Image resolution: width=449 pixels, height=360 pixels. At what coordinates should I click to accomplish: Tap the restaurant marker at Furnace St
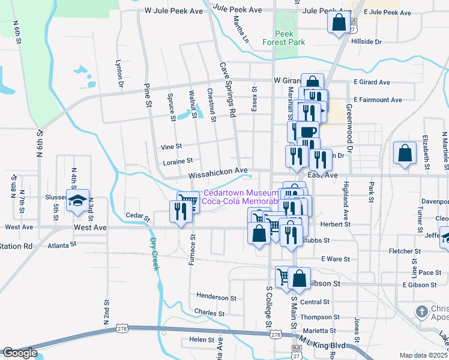(x=178, y=212)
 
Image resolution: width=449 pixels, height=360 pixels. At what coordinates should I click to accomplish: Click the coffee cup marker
(x=307, y=132)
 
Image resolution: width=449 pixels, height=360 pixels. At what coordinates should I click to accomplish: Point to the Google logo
(x=20, y=353)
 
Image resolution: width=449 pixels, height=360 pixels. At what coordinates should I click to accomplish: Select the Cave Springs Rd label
(x=228, y=89)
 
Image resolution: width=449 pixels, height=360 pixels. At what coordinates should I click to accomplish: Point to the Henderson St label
(x=216, y=297)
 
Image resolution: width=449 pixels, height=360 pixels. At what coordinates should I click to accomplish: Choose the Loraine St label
(x=178, y=161)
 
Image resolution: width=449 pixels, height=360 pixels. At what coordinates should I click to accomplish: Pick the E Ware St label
(x=336, y=259)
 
